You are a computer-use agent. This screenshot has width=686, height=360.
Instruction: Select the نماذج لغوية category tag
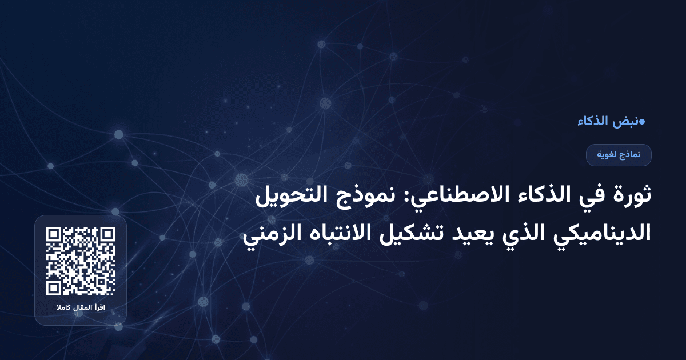click(619, 155)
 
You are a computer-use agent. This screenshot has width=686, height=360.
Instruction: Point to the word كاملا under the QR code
click(63, 309)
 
